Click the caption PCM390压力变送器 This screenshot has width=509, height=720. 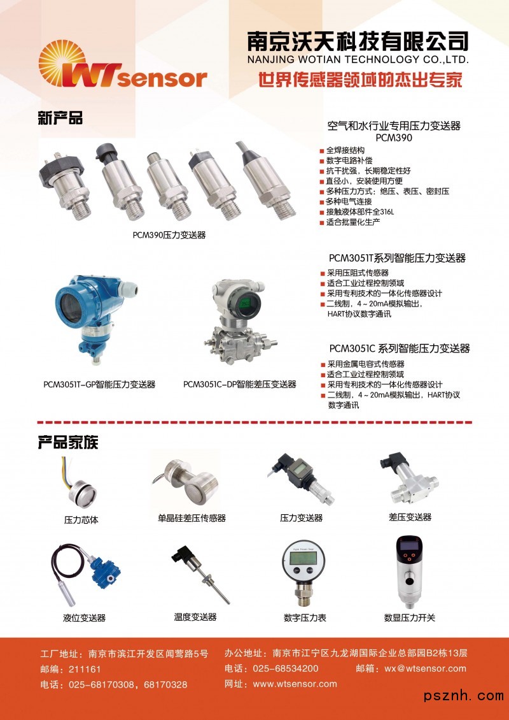click(x=169, y=235)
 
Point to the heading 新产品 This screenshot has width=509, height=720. click(x=60, y=118)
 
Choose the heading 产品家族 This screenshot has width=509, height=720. click(x=68, y=442)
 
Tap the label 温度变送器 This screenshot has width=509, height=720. click(x=195, y=617)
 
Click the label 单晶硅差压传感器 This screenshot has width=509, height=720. click(x=192, y=518)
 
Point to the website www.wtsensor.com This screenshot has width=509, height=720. click(x=295, y=684)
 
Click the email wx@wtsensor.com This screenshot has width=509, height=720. click(x=425, y=668)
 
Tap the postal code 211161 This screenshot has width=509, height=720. click(x=85, y=669)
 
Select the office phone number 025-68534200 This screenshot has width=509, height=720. click(x=285, y=668)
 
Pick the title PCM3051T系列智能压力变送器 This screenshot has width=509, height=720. click(x=397, y=258)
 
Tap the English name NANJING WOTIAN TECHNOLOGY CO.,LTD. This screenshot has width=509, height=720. click(x=358, y=60)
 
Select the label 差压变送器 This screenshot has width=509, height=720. click(x=410, y=517)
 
